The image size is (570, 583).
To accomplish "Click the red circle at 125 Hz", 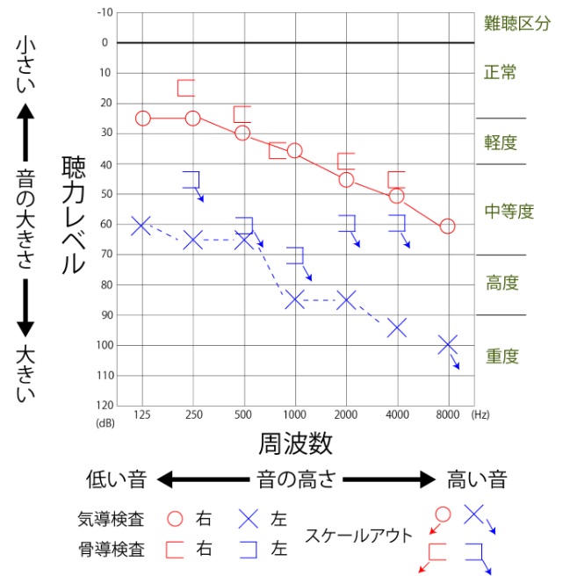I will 143,119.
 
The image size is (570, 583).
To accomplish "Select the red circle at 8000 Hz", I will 447,227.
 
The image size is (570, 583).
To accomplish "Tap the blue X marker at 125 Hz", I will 142,226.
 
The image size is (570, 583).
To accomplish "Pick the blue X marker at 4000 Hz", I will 397,327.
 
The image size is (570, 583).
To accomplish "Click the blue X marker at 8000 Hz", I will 448,345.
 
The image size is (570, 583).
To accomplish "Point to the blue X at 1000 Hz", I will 295,299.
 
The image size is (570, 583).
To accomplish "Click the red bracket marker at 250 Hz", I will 186,88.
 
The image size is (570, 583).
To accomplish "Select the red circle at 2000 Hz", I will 346,180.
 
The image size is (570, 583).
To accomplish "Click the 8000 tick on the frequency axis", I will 448,413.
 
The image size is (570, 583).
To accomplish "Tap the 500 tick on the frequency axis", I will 243,413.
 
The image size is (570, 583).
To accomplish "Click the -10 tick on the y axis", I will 105,12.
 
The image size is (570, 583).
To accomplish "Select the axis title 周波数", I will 295,443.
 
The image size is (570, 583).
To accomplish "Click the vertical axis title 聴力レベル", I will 73,215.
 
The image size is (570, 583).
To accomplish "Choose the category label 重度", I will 501,356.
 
